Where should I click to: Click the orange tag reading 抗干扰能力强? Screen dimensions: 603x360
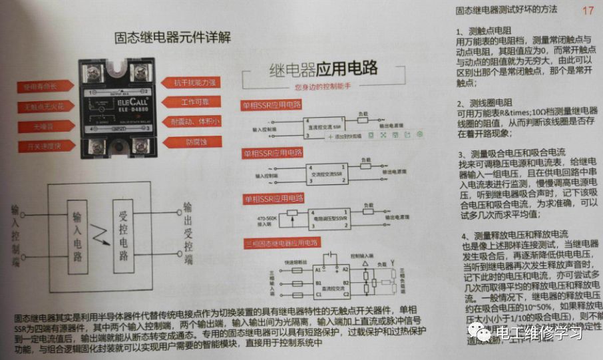(194, 83)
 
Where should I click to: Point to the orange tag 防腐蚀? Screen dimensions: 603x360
(194, 142)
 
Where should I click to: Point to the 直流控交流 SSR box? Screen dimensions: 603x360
(324, 126)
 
